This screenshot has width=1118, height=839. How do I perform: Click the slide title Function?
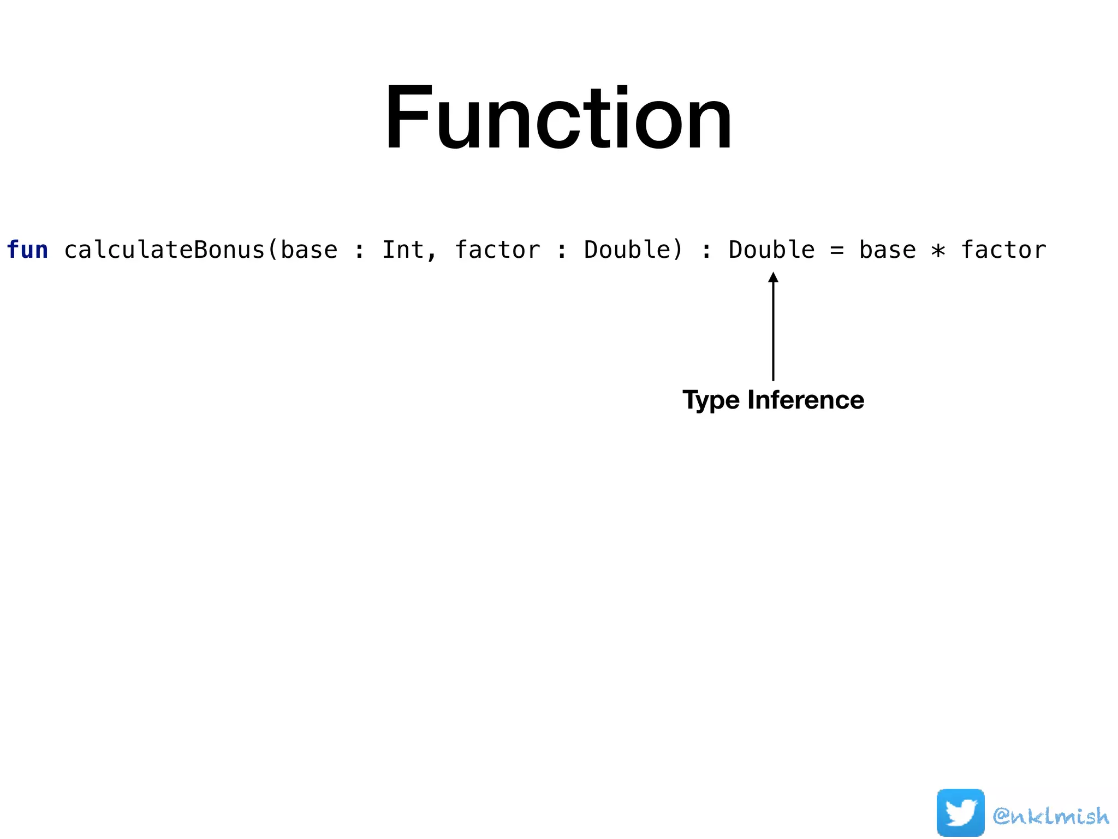tap(558, 117)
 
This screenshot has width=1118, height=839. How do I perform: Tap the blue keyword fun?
tap(27, 250)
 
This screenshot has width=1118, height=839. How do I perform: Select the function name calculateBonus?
tap(164, 250)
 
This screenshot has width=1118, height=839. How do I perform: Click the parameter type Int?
tap(403, 250)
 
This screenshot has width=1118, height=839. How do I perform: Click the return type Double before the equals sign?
tap(771, 250)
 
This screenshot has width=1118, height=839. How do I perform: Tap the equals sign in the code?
tap(837, 251)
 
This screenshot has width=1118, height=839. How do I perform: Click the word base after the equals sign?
tap(887, 250)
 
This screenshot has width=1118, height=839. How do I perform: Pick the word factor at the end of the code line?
tap(1003, 250)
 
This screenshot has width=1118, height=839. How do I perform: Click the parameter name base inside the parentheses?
tap(309, 250)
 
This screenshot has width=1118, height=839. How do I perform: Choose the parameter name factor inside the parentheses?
tap(497, 250)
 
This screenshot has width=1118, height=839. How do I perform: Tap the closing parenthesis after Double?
tap(677, 250)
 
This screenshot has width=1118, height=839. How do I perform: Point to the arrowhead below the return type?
tap(773, 277)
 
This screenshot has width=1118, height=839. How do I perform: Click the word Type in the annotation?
tap(711, 400)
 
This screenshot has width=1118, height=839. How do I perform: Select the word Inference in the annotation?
tap(806, 400)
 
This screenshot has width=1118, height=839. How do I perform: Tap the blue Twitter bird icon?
tap(960, 812)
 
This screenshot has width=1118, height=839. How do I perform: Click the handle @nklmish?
tap(1051, 816)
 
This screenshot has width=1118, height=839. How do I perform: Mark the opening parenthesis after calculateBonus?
tap(273, 250)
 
